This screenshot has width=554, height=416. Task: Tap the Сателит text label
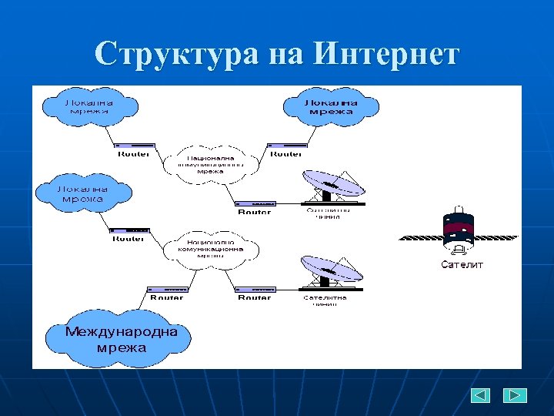click(462, 265)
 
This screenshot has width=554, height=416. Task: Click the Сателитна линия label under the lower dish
click(325, 300)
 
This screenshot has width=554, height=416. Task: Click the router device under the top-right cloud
click(286, 145)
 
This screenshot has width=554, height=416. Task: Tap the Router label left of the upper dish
click(254, 212)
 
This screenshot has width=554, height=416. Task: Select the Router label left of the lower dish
click(254, 297)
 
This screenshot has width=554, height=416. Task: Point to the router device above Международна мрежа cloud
click(166, 289)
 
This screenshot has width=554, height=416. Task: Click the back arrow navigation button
click(481, 395)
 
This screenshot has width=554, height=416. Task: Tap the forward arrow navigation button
click(515, 395)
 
